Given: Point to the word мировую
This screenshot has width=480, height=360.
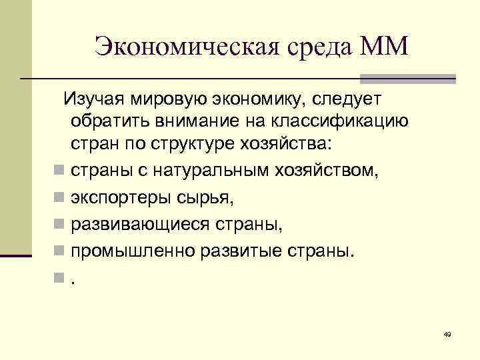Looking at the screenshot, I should tap(171, 100).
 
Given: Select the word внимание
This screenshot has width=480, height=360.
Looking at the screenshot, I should tap(203, 123).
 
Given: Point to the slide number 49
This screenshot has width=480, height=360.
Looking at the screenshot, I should tap(447, 333).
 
